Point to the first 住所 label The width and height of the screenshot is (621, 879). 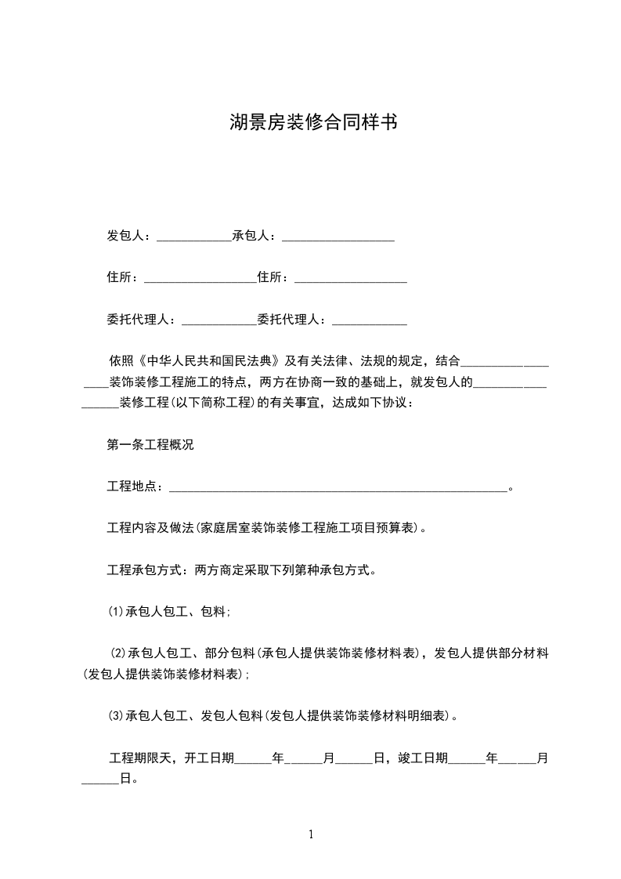[120, 277]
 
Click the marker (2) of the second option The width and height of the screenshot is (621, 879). [117, 654]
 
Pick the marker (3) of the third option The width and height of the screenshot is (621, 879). [114, 715]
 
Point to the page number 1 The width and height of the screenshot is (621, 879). [311, 834]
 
